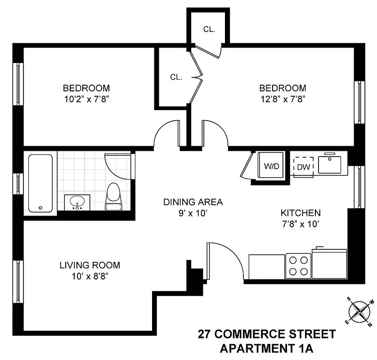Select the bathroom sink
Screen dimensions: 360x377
coord(77,202)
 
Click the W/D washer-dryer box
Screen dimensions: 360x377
coord(271,166)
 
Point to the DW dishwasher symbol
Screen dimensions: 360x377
coord(303,166)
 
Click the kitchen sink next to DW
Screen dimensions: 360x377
coord(332,164)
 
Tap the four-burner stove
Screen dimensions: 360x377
coord(299,265)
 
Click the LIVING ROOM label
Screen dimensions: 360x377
coord(90,265)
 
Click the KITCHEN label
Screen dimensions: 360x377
coord(301,213)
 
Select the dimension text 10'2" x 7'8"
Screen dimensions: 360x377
coord(86,99)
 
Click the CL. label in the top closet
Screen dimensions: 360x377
coord(209,30)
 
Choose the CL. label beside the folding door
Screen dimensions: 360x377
coord(176,77)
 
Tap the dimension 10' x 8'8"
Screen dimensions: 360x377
coord(90,276)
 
